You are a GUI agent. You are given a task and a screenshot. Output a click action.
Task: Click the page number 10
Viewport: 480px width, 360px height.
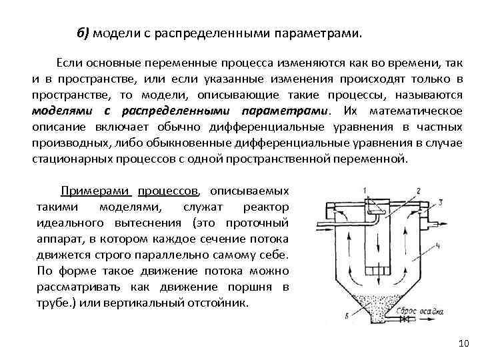(464, 343)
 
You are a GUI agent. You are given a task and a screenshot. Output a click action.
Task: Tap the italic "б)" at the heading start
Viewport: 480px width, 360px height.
(84, 33)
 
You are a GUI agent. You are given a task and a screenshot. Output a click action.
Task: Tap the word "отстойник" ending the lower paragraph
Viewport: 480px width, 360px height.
(217, 302)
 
